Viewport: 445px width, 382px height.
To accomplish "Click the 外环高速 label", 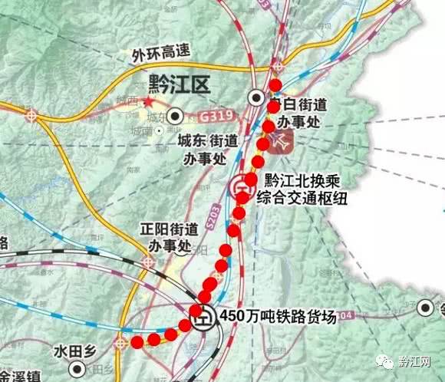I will pyautogui.click(x=158, y=56).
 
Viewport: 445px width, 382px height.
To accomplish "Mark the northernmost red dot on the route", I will pyautogui.click(x=276, y=85).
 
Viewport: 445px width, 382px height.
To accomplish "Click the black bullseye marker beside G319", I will pyautogui.click(x=177, y=117).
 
